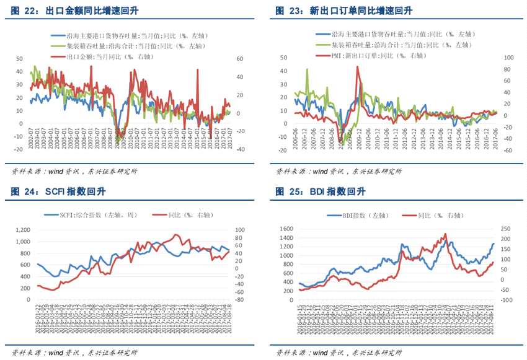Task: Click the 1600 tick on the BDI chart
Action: pyautogui.click(x=285, y=229)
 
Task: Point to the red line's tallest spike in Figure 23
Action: pyautogui.click(x=357, y=66)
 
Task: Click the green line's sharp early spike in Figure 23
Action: pyautogui.click(x=307, y=69)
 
